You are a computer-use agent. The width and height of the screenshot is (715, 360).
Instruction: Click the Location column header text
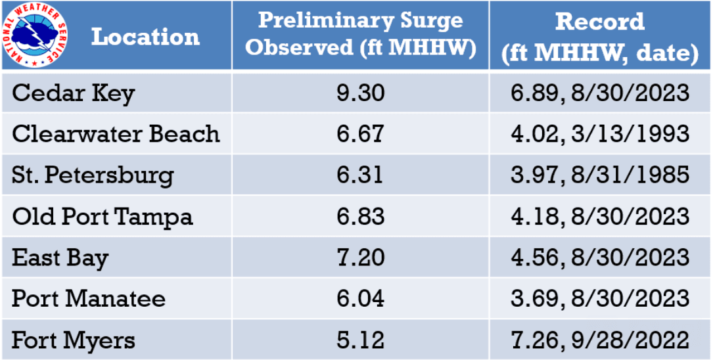click(x=145, y=36)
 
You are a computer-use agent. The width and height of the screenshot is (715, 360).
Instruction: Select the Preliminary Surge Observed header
click(x=360, y=34)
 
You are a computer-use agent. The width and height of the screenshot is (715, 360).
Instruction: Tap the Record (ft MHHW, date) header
click(x=600, y=37)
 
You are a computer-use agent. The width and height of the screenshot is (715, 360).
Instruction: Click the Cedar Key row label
click(x=73, y=93)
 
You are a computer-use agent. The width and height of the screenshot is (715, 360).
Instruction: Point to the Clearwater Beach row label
click(x=116, y=134)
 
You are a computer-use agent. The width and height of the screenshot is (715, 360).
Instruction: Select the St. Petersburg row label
click(x=93, y=175)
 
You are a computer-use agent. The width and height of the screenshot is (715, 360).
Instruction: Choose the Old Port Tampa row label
click(x=103, y=217)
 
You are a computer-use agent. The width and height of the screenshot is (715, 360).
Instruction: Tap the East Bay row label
click(x=60, y=258)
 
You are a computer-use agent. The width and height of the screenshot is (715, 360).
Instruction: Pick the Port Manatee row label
click(x=89, y=299)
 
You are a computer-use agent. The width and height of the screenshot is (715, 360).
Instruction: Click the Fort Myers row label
click(x=74, y=340)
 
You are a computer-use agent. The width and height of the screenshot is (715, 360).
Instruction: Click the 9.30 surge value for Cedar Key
click(x=360, y=93)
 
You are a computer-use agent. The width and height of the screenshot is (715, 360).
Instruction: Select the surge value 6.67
click(x=360, y=134)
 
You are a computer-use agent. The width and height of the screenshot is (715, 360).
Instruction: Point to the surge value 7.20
click(x=360, y=258)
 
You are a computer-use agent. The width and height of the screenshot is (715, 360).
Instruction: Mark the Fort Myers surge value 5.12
click(x=360, y=340)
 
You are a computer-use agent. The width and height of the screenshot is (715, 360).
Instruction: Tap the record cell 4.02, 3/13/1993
click(x=600, y=134)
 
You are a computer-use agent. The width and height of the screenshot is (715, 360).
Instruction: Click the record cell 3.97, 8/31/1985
click(x=600, y=175)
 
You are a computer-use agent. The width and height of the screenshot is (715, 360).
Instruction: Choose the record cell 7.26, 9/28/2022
click(x=600, y=340)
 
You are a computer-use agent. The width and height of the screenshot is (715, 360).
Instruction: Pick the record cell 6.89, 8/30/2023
click(x=600, y=93)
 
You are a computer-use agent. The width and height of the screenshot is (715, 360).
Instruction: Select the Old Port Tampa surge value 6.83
click(x=360, y=217)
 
